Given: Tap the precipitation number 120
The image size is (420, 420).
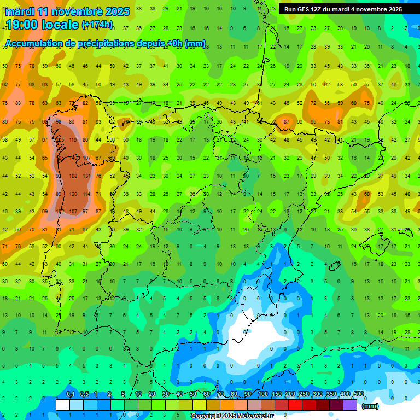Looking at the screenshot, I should click(x=73, y=194).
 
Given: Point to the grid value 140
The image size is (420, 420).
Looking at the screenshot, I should click(x=73, y=158).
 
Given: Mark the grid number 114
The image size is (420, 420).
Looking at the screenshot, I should click(x=86, y=194).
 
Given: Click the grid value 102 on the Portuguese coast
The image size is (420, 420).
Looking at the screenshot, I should click(x=60, y=211).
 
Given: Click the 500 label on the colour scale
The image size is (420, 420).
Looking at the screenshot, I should click(x=358, y=394).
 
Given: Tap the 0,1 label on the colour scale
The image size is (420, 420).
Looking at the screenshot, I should click(x=70, y=394).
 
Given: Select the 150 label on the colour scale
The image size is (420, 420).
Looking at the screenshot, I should click(x=276, y=394).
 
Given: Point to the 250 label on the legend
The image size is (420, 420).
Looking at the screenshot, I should click(x=304, y=394).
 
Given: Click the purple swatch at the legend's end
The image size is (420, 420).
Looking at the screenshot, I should click(x=350, y=405).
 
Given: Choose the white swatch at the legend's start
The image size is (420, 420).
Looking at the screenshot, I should click(x=62, y=405).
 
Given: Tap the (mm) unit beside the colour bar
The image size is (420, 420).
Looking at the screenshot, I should click(x=370, y=406).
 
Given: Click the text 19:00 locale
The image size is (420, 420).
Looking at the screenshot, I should click(x=42, y=24).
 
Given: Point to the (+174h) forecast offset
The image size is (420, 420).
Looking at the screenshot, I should click(x=97, y=25).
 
